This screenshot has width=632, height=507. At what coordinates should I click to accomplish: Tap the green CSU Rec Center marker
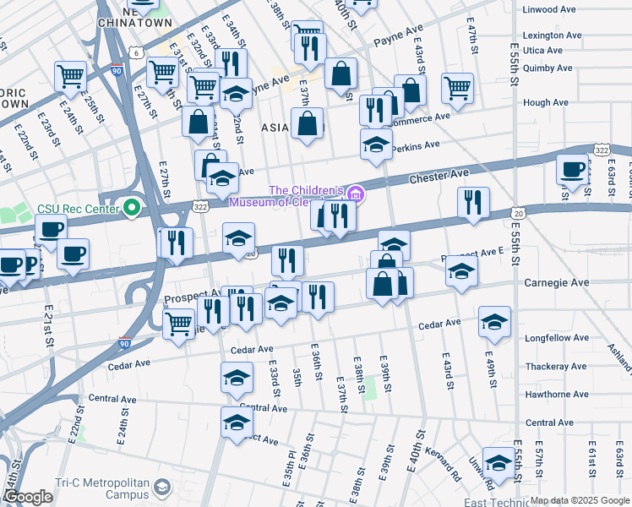[131, 206]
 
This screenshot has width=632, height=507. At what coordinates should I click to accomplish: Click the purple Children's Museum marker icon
[356, 195]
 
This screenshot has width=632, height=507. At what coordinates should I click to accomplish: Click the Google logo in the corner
[28, 498]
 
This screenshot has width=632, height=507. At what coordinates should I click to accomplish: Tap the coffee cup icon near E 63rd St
[572, 168]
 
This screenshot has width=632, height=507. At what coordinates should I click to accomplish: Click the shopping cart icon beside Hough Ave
[457, 87]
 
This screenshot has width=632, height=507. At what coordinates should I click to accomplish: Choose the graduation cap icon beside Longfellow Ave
[494, 321]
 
